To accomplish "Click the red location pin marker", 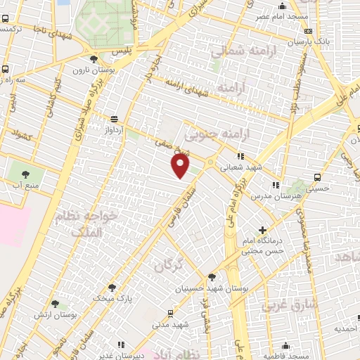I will [x=181, y=165].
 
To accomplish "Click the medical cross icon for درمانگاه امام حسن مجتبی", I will [x=263, y=230].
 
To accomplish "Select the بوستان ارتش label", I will [x=56, y=314].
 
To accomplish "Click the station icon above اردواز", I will [x=114, y=119].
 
